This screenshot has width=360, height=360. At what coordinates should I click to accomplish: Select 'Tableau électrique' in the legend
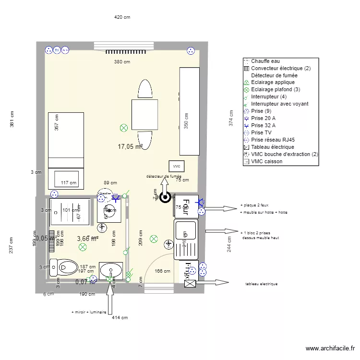[x=272, y=147]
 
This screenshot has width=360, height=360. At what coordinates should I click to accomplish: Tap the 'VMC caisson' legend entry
[x=266, y=161]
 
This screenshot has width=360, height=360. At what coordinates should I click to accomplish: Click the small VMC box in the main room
[x=177, y=166]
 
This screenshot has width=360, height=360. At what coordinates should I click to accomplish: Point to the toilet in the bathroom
[x=64, y=266]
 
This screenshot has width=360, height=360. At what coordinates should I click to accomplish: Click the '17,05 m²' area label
[x=130, y=147]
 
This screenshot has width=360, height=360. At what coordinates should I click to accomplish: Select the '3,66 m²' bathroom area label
[x=88, y=238]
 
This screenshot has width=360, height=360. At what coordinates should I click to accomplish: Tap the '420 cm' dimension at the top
[x=122, y=17]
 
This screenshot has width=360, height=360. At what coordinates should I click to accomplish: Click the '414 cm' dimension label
[x=120, y=317]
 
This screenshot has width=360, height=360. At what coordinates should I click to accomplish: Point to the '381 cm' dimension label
[x=12, y=120]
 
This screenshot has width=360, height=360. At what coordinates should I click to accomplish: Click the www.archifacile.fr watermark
[x=330, y=349]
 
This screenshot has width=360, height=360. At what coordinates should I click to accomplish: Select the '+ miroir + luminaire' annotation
[x=89, y=312]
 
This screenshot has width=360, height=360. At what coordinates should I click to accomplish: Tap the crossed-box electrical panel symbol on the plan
[x=190, y=284]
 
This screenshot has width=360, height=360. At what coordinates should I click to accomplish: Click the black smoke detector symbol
[x=165, y=197]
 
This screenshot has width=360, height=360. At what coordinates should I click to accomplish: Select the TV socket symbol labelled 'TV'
[x=57, y=50]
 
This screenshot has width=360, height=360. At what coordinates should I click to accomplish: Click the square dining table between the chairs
[x=144, y=114]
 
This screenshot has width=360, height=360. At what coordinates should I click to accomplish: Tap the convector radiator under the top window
[x=122, y=51]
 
